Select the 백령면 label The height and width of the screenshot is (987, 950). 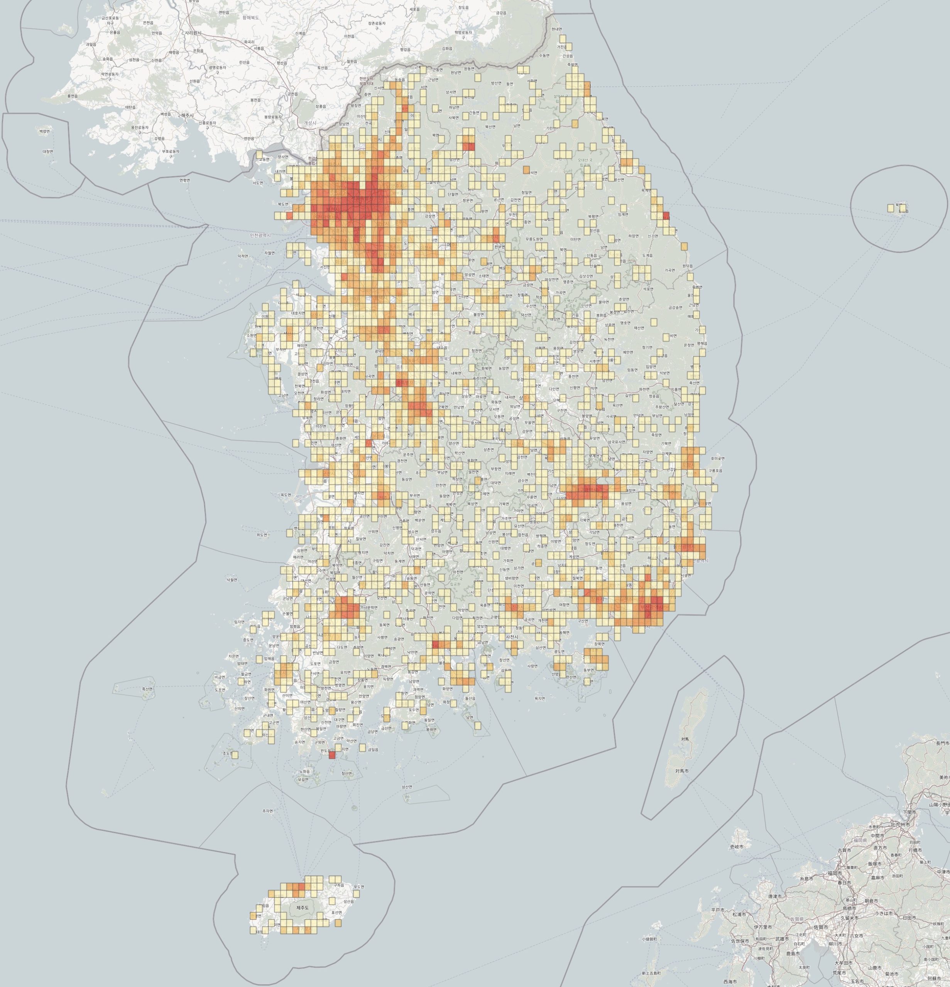tap(44, 131)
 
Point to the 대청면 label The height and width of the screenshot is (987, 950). tap(48, 151)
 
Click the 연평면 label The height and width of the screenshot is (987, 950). tap(184, 180)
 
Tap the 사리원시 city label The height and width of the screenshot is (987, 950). tap(193, 33)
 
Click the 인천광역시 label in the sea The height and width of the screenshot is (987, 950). tap(260, 235)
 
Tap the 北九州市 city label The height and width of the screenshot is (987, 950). tap(900, 825)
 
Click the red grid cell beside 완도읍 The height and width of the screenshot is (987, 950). tap(331, 755)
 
